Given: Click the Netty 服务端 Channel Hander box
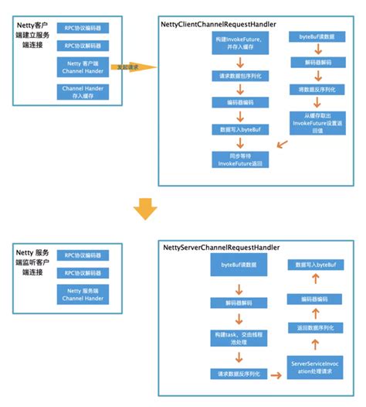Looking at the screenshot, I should coord(83,295).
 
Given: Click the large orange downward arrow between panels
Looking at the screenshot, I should coord(144,208).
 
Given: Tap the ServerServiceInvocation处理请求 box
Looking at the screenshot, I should coord(313,368).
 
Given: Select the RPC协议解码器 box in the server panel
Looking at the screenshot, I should coord(83,273).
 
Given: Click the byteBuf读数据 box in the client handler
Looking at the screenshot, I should coord(313,37).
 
